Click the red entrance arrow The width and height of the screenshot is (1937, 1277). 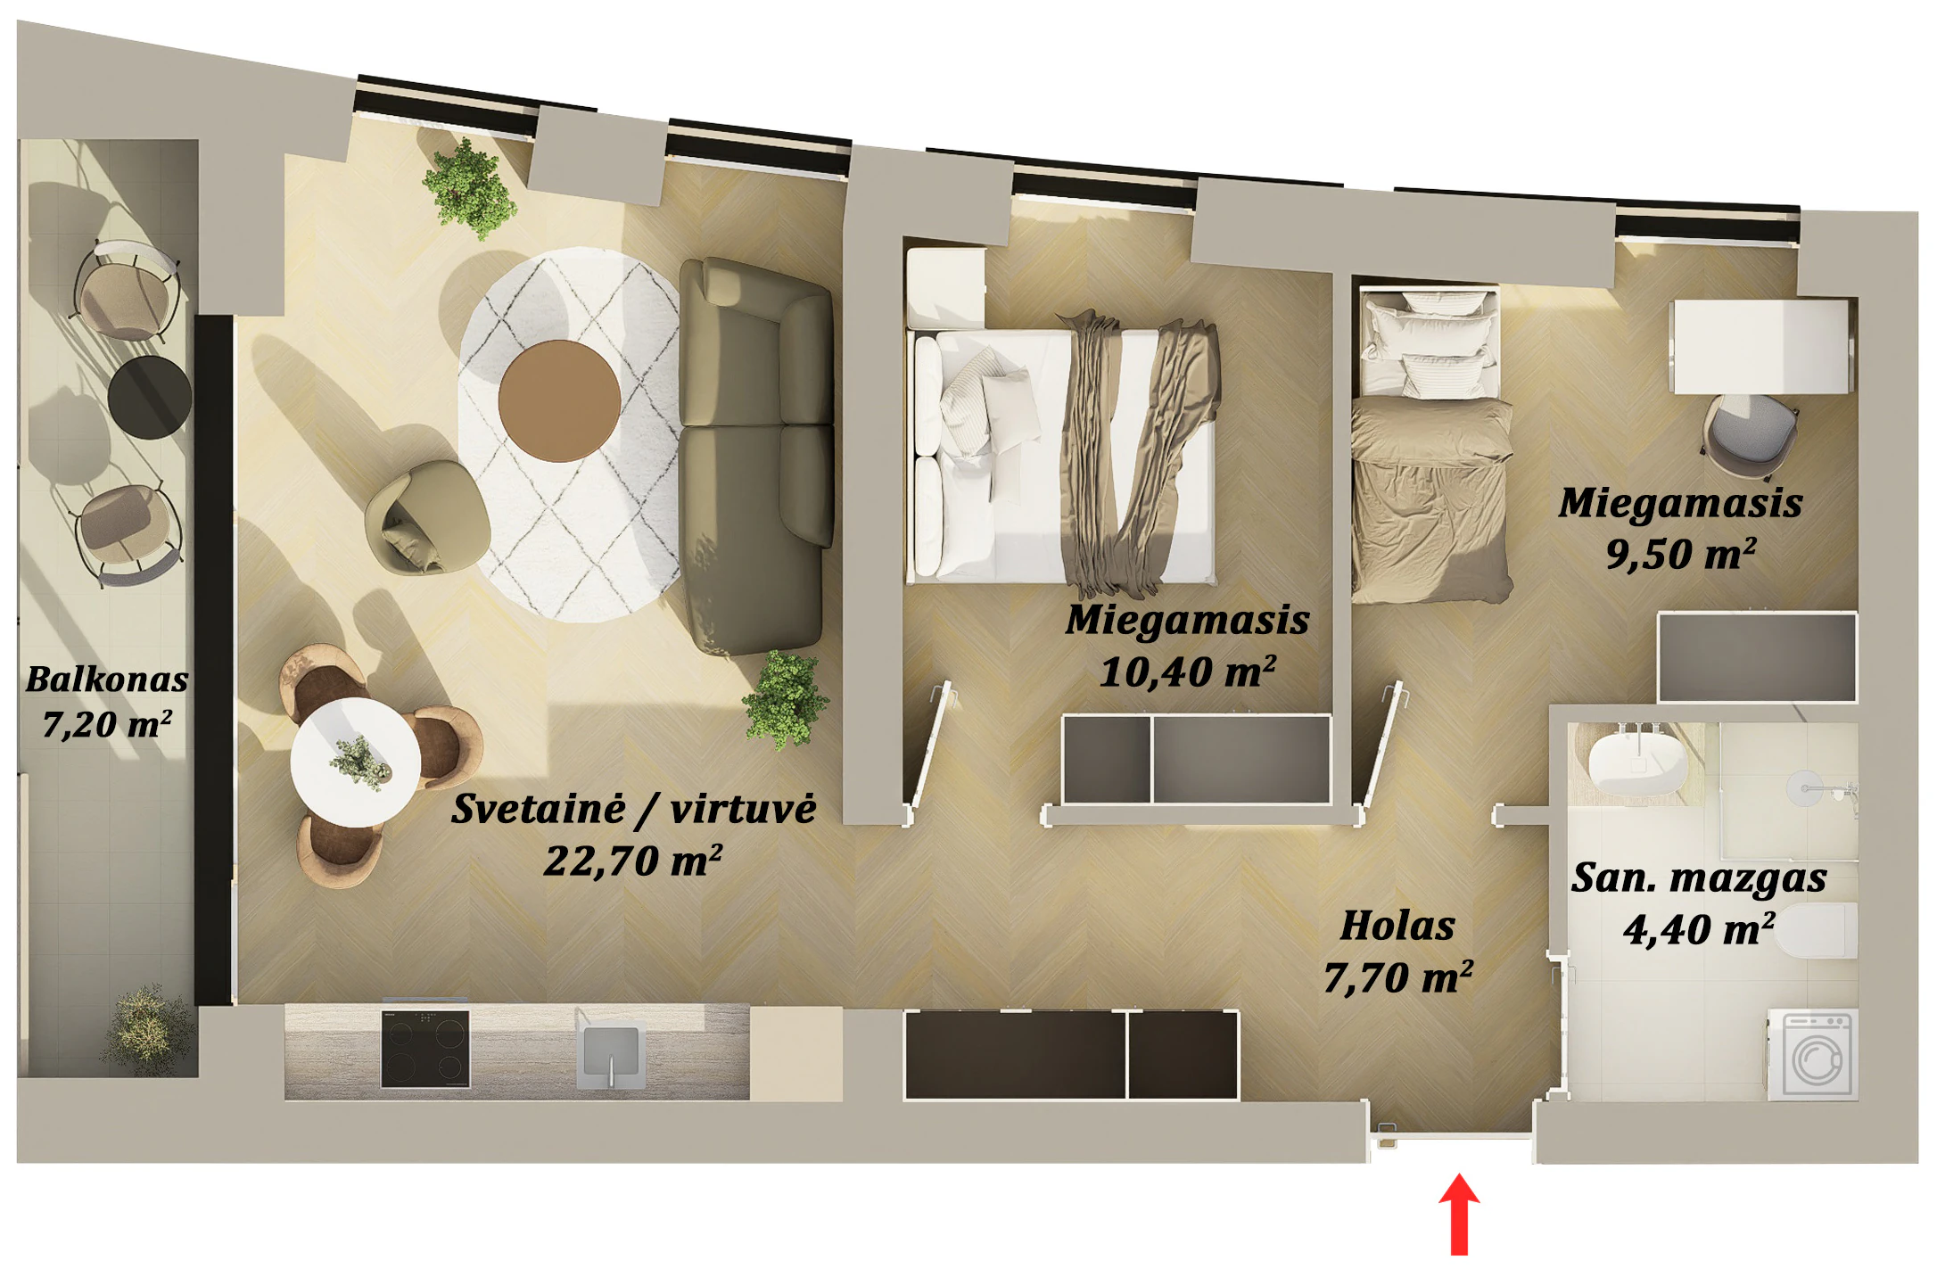pos(1459,1214)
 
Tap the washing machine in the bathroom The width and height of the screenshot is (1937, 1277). pos(1813,1055)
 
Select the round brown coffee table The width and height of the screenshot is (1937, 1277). pos(559,401)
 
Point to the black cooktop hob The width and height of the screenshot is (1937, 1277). pos(425,1049)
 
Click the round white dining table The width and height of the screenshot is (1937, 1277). pos(355,762)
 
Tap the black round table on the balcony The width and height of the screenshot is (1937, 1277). pos(150,398)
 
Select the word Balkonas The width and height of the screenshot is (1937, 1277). pos(107,680)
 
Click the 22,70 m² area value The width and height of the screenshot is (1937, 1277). pos(633,861)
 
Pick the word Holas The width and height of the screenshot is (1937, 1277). pos(1397,926)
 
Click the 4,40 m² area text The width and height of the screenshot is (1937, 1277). pos(1699,929)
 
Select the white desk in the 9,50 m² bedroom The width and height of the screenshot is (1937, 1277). pos(1762,346)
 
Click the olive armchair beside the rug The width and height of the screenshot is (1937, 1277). pos(426,517)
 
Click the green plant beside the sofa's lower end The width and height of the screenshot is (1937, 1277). pos(786,700)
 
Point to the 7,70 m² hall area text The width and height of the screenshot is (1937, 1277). pos(1397,978)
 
